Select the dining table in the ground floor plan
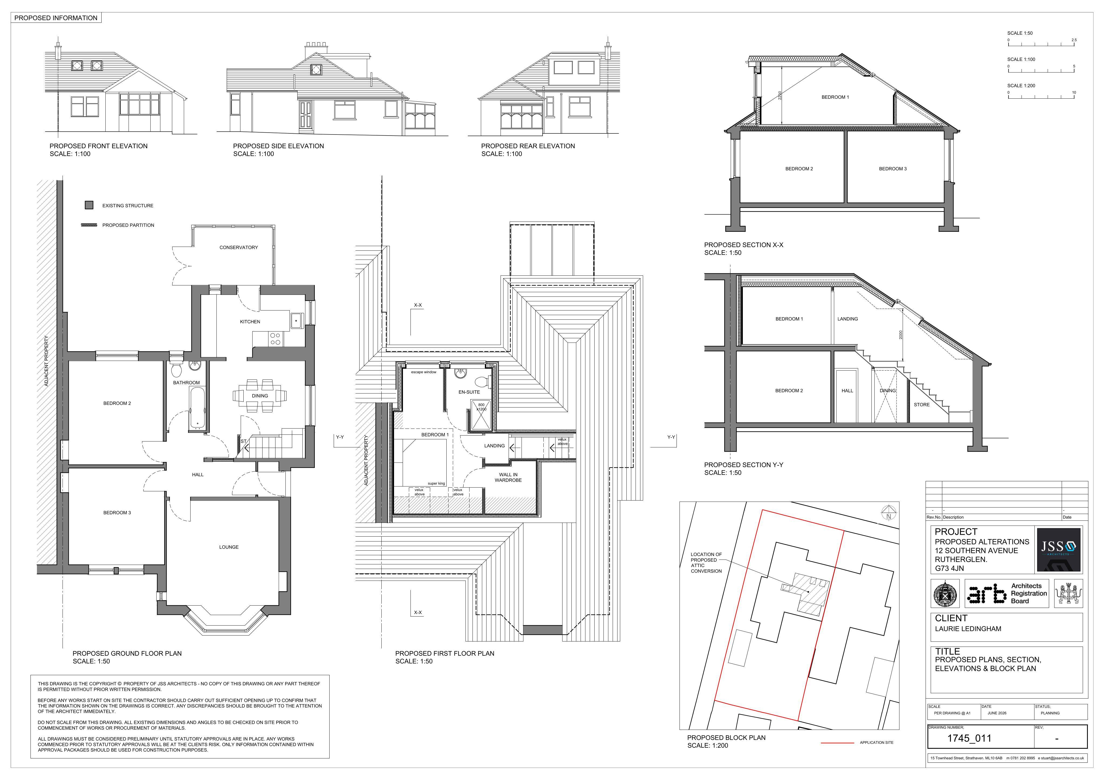[x=260, y=396]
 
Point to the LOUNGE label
[x=229, y=547]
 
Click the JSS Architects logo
[x=1058, y=550]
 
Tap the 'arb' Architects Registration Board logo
[x=1006, y=593]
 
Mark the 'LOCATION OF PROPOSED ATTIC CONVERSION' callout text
[x=706, y=563]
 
